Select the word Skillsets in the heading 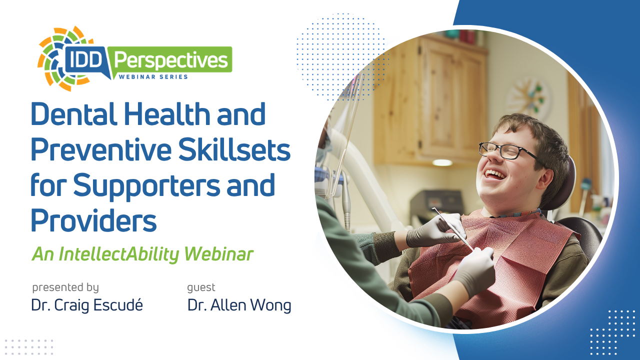234,149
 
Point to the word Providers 93,220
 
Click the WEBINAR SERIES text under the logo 153,77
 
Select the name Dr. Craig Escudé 87,305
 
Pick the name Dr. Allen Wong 239,305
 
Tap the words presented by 65,287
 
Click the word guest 201,287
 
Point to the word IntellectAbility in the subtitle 118,254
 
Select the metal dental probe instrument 452,228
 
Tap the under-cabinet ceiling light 442,163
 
